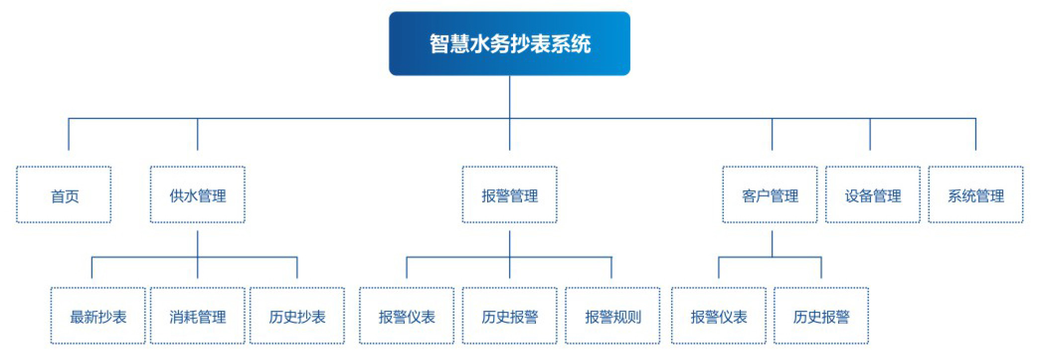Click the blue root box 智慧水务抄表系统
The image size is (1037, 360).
(x=510, y=44)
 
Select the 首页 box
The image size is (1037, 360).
(x=64, y=194)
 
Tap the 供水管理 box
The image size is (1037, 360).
(x=198, y=194)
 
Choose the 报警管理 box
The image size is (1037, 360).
(x=510, y=194)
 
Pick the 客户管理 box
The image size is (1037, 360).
(x=770, y=194)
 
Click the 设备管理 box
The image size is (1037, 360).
(x=873, y=194)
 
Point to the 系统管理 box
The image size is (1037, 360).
(x=976, y=194)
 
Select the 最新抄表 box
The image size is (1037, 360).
(x=98, y=316)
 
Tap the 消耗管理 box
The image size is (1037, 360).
(x=198, y=316)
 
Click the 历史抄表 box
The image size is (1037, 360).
(x=297, y=316)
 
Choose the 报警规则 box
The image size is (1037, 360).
(x=612, y=316)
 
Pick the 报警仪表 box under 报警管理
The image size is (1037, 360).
(x=407, y=316)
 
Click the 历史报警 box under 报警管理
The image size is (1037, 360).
(x=510, y=316)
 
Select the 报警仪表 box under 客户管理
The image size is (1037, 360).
(x=719, y=316)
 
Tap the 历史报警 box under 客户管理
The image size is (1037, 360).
(x=821, y=316)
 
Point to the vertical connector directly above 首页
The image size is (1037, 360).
(x=69, y=134)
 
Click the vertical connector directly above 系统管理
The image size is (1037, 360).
(x=976, y=134)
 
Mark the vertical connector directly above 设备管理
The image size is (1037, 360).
(x=870, y=134)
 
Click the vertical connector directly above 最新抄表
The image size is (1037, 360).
(x=92, y=268)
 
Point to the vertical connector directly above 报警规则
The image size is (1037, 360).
(x=611, y=268)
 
